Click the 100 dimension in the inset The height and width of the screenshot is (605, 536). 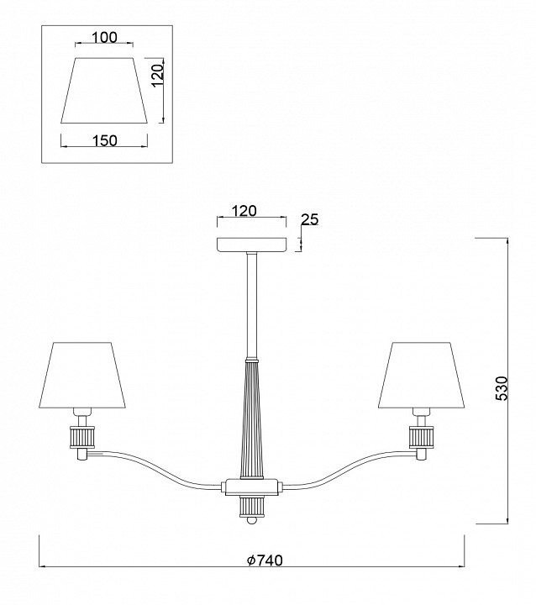(x=104, y=38)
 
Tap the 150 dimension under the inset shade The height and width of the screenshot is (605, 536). (x=104, y=140)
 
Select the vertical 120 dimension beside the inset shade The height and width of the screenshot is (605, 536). (x=157, y=76)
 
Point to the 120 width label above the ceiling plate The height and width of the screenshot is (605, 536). (x=244, y=211)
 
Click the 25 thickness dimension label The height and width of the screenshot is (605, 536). (x=309, y=219)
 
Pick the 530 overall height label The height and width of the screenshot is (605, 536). (x=502, y=388)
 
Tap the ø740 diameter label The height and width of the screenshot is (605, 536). (x=265, y=560)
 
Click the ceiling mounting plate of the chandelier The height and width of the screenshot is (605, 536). (x=252, y=245)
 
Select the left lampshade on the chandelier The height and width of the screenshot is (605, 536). (x=82, y=374)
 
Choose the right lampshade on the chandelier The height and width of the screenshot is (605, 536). (x=422, y=374)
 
